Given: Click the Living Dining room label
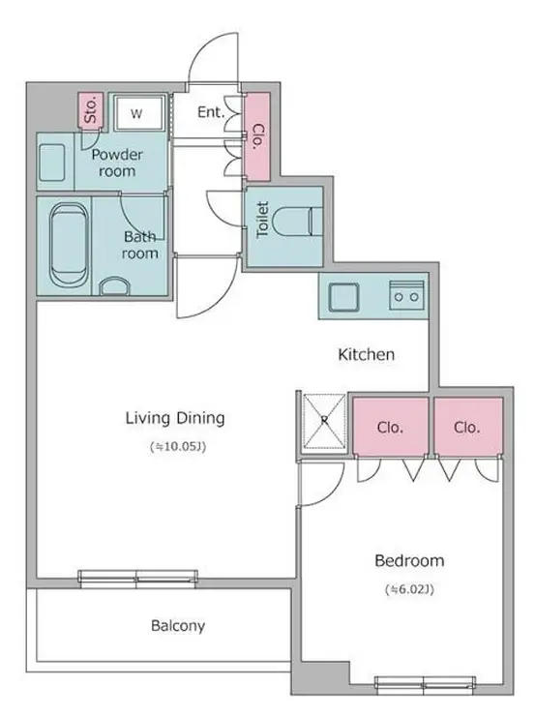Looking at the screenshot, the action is click(x=175, y=418).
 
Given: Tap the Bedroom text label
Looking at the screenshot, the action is click(x=409, y=560).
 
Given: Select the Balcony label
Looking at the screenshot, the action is click(x=178, y=626).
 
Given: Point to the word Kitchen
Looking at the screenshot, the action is click(x=366, y=354).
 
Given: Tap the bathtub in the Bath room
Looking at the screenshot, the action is click(x=69, y=246).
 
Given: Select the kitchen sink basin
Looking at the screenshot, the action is click(x=344, y=297).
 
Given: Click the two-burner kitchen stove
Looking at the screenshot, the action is click(x=406, y=296).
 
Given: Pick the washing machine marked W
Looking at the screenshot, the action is click(x=138, y=113).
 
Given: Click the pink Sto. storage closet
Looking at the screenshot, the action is click(x=90, y=109).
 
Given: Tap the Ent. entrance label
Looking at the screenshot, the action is click(x=211, y=112).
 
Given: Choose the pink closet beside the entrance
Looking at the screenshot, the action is click(x=257, y=136).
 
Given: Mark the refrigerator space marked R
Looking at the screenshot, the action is click(x=324, y=420).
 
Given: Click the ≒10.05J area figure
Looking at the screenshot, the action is click(x=178, y=447).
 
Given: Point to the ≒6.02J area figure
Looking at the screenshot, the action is click(x=409, y=589).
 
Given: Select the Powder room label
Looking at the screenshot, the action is click(x=117, y=163).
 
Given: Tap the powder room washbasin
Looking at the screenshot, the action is click(x=52, y=163).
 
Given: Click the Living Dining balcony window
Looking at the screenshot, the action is click(x=137, y=578).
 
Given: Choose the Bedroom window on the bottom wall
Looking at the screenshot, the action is click(x=425, y=683).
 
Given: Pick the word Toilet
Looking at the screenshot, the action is click(x=262, y=220).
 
